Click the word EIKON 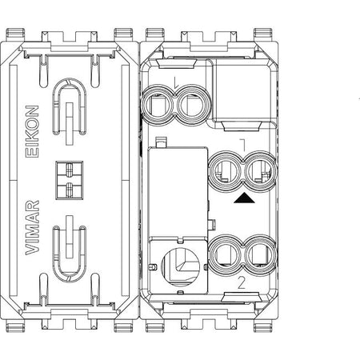pos(32,131)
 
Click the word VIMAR pos(32,227)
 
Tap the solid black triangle pos(244,198)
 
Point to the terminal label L pos(175,82)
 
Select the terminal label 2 pos(242,283)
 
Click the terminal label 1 pos(243,145)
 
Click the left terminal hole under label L pos(158,106)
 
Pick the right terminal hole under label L pos(192,106)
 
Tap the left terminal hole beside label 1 pos(226,171)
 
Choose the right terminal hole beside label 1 pos(260,171)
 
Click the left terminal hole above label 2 pos(226,254)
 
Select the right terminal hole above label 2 pos(260,254)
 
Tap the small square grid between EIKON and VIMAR pos(70,180)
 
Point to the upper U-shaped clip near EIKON pos(70,106)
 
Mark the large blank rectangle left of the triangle pos(178,191)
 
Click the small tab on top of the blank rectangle pos(161,142)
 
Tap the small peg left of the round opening pos(152,267)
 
